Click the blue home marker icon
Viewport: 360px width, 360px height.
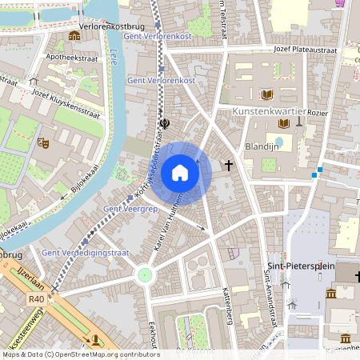[180, 172]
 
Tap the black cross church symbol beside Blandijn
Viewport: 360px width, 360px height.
[229, 166]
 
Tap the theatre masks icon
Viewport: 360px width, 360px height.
[44, 142]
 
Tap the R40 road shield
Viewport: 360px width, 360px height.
[36, 300]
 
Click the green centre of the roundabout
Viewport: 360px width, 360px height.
[145, 275]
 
